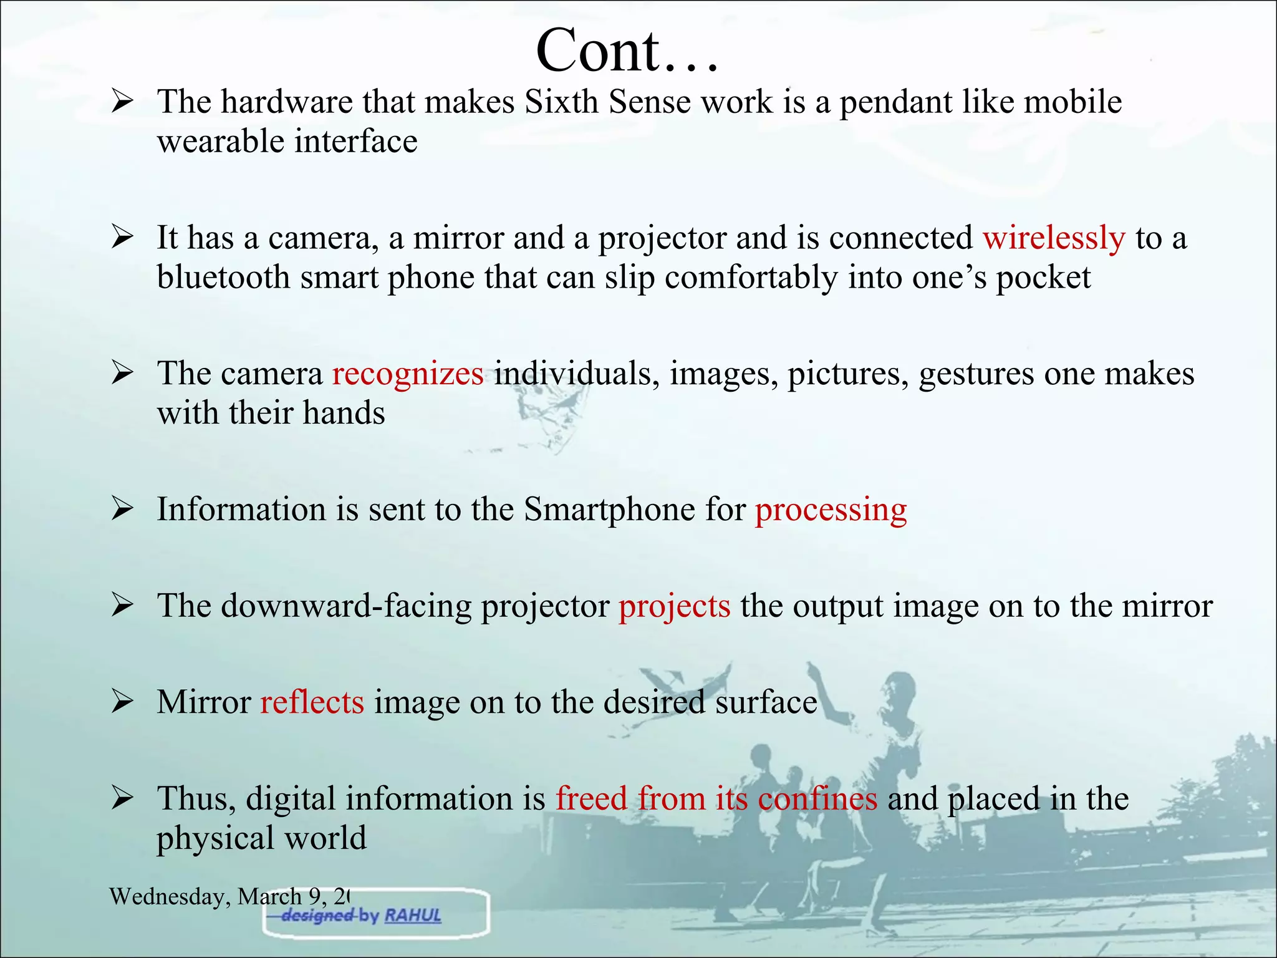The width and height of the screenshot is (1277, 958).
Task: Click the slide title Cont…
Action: [627, 51]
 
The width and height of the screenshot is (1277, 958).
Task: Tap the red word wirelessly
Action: [1054, 238]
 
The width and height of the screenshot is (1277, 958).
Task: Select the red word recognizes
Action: [408, 374]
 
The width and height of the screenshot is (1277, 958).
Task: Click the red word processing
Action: [831, 510]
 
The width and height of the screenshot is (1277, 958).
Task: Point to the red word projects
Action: [674, 606]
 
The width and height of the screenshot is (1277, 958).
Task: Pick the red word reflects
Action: [312, 702]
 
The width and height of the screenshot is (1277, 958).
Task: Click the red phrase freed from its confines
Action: [716, 799]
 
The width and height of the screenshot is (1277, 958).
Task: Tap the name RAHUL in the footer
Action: [413, 916]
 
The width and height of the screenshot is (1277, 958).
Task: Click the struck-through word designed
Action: [317, 916]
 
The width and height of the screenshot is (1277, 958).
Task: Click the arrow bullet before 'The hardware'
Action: [122, 102]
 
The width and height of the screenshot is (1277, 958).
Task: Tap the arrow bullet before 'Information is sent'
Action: [122, 510]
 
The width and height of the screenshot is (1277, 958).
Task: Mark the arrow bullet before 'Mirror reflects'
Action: [122, 702]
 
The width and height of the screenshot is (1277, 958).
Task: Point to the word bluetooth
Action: [223, 278]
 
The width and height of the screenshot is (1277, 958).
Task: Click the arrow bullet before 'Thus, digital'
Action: [122, 799]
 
